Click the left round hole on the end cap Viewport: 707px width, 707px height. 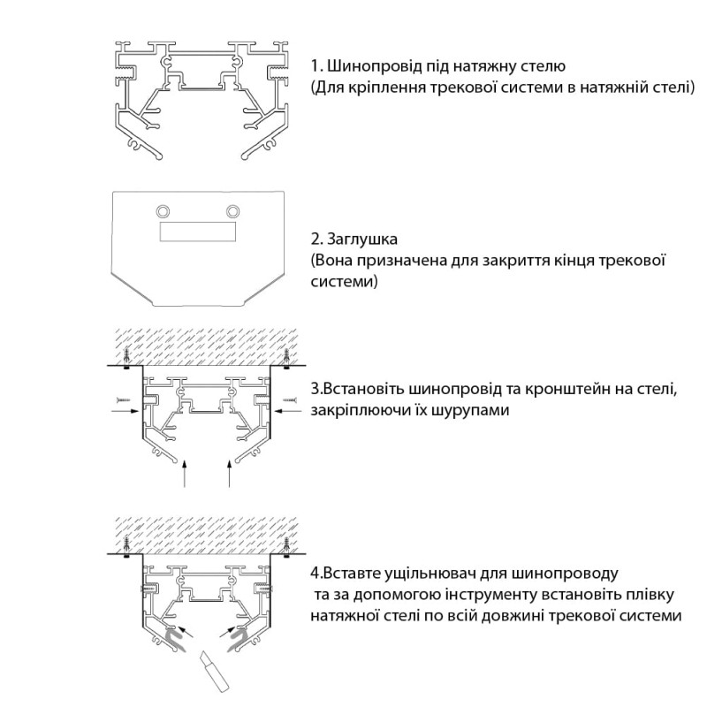[x=163, y=210]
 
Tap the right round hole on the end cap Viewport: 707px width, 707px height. [x=233, y=210]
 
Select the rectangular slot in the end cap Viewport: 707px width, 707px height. [x=198, y=232]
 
